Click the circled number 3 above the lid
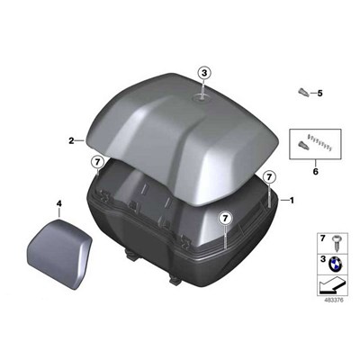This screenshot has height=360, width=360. tap(204, 73)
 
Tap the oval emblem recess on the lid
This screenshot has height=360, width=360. tap(201, 97)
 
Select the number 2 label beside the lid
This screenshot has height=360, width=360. tap(71, 140)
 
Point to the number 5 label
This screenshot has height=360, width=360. tap(319, 94)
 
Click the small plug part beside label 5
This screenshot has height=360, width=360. tap(303, 92)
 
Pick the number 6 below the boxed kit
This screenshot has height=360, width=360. tap(315, 172)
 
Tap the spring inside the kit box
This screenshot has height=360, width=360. tap(320, 143)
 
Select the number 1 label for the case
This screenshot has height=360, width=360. tap(292, 200)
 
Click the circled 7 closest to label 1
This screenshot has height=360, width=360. tap(269, 177)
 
